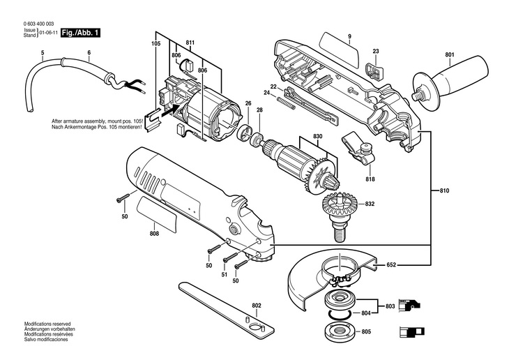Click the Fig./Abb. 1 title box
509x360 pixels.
pyautogui.click(x=80, y=33)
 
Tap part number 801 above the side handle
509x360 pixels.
pyautogui.click(x=450, y=55)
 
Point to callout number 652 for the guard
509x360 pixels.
pyautogui.click(x=391, y=265)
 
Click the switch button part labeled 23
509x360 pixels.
pyautogui.click(x=374, y=71)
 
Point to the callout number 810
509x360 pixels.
pyautogui.click(x=444, y=190)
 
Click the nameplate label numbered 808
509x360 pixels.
pyautogui.click(x=157, y=213)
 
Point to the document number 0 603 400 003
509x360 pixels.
pyautogui.click(x=38, y=24)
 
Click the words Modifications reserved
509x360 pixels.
pyautogui.click(x=47, y=324)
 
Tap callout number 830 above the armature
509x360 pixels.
pyautogui.click(x=318, y=136)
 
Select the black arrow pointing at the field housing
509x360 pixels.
pyautogui.click(x=169, y=111)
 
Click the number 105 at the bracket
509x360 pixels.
pyautogui.click(x=156, y=43)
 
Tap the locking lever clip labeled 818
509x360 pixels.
pyautogui.click(x=358, y=150)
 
